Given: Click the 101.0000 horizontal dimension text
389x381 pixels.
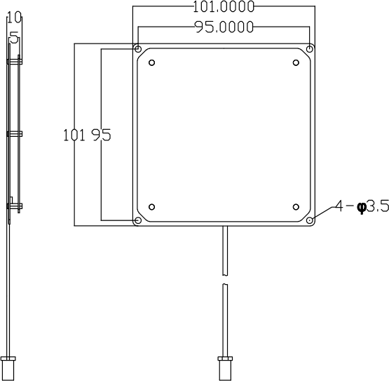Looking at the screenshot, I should tap(224, 8).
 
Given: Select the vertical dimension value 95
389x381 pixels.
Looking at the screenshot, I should tap(101, 135).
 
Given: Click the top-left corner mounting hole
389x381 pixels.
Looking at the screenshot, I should tap(138, 49).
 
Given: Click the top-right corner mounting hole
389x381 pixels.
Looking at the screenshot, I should tap(310, 49).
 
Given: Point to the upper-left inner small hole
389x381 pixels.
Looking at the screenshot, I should tap(152, 63).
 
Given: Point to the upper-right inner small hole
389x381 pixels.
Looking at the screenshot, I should tap(296, 63).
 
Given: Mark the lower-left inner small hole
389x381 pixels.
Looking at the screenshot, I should tap(152, 207).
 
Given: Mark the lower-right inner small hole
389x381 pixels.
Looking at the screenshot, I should tap(296, 207).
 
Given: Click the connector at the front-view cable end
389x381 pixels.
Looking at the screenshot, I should tap(224, 368).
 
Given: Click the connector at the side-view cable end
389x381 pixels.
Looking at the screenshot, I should tap(8, 368).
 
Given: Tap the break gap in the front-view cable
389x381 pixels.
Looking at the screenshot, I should tap(224, 279).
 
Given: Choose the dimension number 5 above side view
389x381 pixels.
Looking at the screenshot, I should tap(13, 39).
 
